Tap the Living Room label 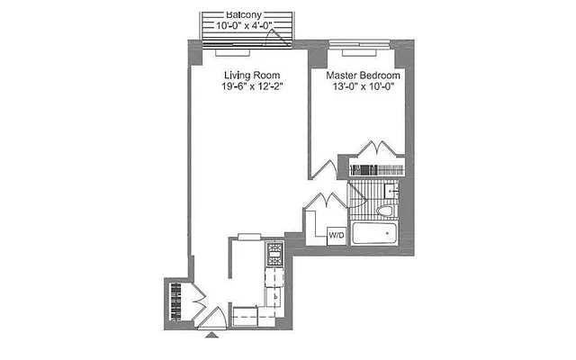click(x=252, y=76)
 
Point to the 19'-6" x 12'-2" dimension click(x=252, y=88)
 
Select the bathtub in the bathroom click(x=374, y=235)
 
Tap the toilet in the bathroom click(x=385, y=211)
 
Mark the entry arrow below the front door click(x=212, y=336)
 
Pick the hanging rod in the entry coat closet click(x=176, y=301)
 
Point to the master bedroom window click(x=353, y=43)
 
